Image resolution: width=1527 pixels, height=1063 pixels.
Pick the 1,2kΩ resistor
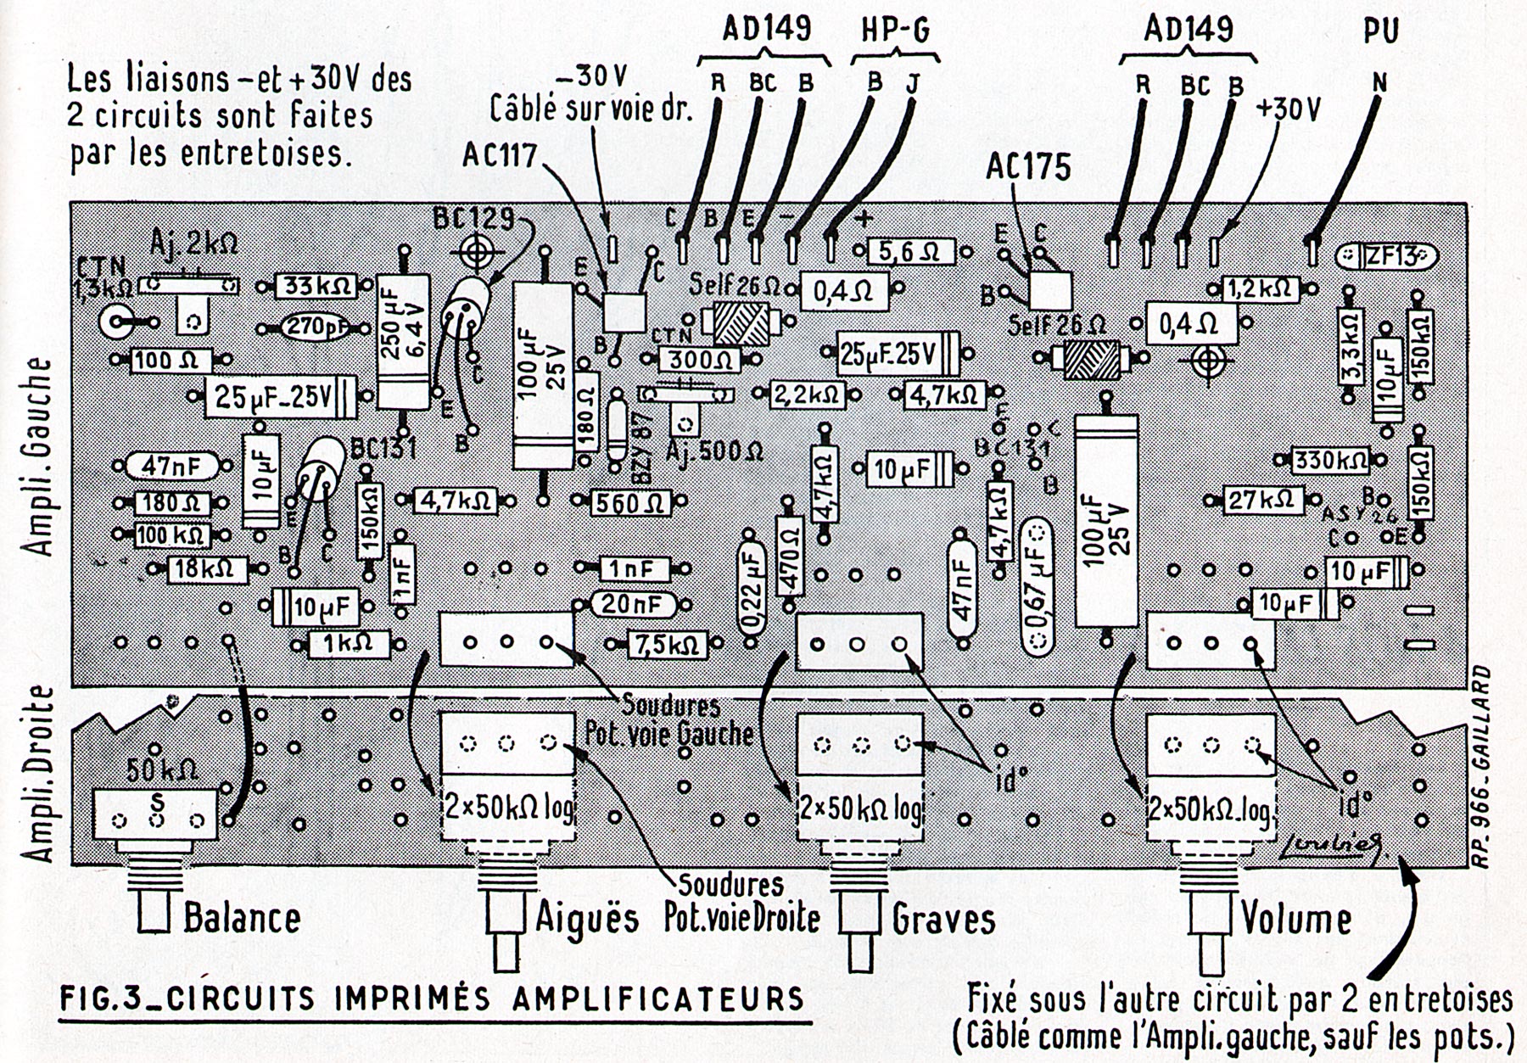pos(1259,288)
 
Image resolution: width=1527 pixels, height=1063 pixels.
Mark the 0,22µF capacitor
pos(752,585)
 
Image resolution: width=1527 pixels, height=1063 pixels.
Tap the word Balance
pos(242,919)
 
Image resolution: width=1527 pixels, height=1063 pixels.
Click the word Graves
pos(942,919)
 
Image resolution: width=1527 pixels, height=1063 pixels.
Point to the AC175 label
pos(1028,167)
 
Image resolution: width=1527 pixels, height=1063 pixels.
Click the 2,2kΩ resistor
pos(807,394)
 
